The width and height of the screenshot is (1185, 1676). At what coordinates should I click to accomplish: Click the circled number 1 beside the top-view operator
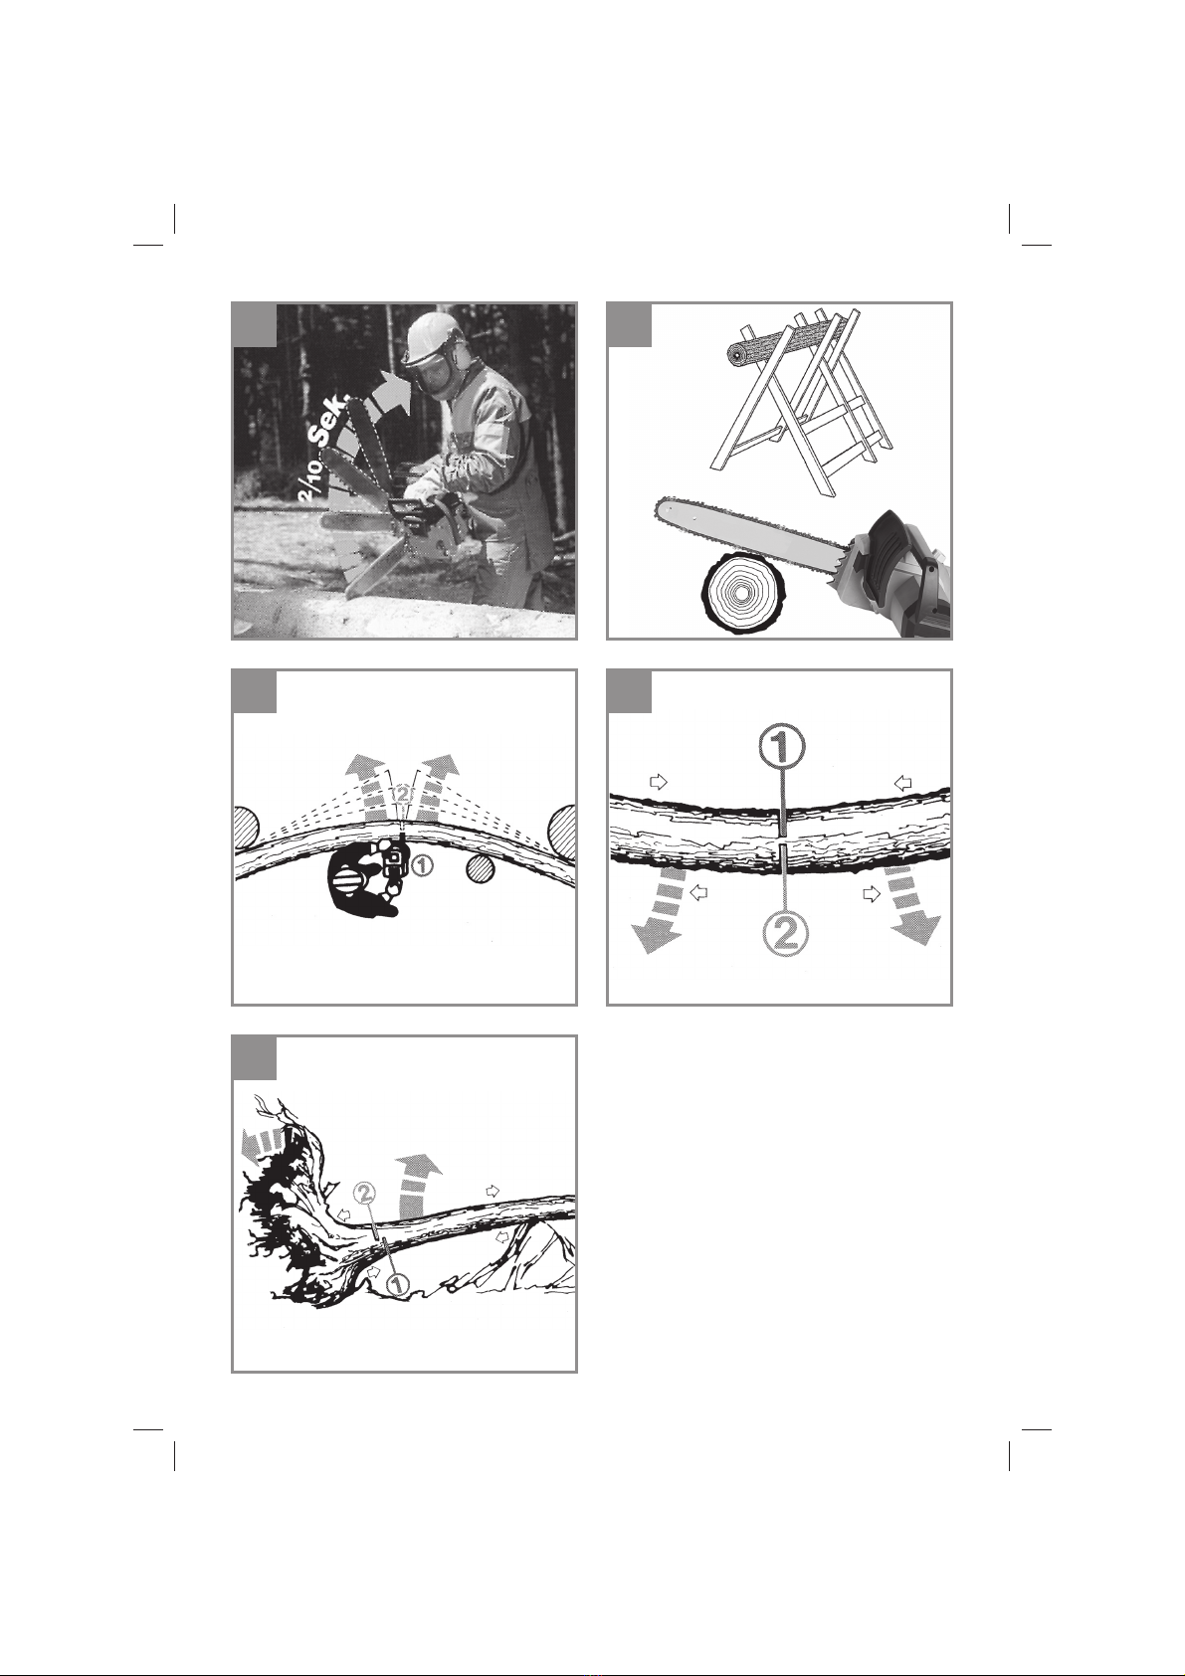pos(422,865)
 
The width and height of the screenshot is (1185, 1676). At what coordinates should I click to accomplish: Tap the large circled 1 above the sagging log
pos(780,750)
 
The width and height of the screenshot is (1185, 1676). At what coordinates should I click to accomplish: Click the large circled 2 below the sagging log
pos(783,936)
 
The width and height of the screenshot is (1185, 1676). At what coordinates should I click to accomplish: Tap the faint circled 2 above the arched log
pos(402,794)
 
